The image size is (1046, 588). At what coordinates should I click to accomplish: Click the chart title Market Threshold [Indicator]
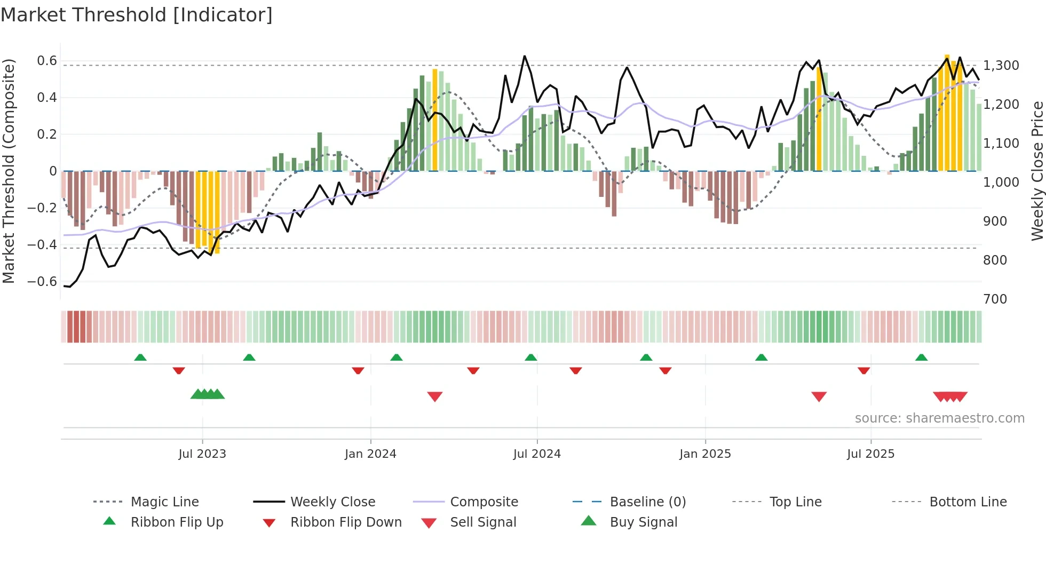[137, 15]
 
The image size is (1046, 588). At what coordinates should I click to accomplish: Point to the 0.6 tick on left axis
[47, 61]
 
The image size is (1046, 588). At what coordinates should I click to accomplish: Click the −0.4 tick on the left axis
[42, 245]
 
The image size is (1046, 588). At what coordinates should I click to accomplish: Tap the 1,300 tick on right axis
[1001, 66]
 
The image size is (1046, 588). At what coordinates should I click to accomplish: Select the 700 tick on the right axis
[995, 299]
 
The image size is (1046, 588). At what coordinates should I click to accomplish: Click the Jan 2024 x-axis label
[370, 454]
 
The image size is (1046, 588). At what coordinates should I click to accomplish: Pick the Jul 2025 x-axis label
[870, 454]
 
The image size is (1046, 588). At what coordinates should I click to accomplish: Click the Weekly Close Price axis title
[1037, 171]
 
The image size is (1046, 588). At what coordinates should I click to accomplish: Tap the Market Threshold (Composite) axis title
[9, 171]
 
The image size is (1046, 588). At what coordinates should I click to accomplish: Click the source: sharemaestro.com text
[939, 418]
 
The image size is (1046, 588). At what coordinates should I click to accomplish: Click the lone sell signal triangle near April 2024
[435, 396]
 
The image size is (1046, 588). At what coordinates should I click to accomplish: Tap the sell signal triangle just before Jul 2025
[819, 396]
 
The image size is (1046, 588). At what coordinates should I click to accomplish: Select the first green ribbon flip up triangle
[140, 357]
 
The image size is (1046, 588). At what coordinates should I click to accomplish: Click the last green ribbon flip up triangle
[921, 357]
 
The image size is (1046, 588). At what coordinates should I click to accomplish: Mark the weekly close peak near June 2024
[525, 56]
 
